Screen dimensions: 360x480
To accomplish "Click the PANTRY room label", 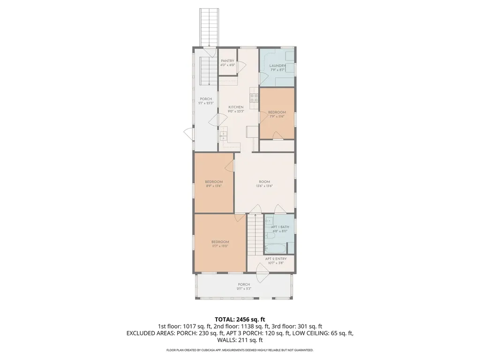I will pyautogui.click(x=227, y=62).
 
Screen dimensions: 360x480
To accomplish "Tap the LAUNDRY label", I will pyautogui.click(x=277, y=67).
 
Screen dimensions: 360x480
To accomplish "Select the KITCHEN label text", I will pyautogui.click(x=236, y=109).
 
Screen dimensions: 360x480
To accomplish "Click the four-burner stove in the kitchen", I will pyautogui.click(x=254, y=97).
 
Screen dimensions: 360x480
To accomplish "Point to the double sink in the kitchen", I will pyautogui.click(x=224, y=135).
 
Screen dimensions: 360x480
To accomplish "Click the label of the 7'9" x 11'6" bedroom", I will pyautogui.click(x=277, y=114).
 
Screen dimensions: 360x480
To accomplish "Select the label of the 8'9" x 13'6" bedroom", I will pyautogui.click(x=214, y=183).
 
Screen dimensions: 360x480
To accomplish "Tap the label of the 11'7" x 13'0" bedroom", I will pyautogui.click(x=220, y=244).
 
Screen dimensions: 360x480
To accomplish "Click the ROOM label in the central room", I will pyautogui.click(x=264, y=183).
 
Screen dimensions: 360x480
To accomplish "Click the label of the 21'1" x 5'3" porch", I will pyautogui.click(x=244, y=286).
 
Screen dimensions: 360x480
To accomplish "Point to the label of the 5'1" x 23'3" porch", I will pyautogui.click(x=206, y=101).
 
